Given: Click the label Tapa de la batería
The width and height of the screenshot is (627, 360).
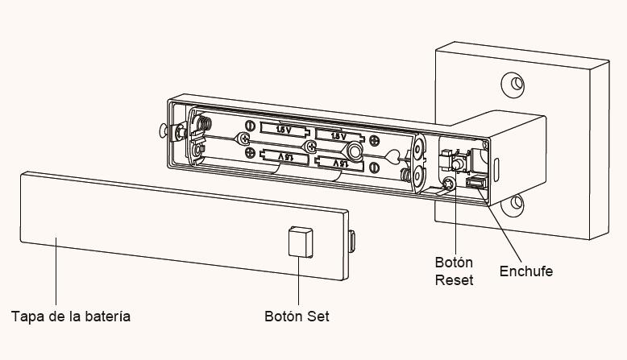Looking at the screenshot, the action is (71, 317).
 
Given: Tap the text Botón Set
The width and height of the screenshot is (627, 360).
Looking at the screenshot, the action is (297, 316).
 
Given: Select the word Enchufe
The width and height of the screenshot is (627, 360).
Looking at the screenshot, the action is (526, 271).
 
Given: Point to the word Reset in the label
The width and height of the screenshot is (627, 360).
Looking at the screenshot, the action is (454, 279).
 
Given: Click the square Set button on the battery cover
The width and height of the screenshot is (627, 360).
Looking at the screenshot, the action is (301, 242).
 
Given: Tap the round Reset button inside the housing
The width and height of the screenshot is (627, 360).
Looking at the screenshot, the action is (459, 163).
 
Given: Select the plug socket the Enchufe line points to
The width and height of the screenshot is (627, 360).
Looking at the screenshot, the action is (476, 183).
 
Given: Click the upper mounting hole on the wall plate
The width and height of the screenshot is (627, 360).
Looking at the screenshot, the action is (513, 85).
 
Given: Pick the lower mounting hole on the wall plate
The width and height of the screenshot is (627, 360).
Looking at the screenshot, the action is (514, 205).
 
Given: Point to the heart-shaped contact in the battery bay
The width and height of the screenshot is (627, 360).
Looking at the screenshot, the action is (392, 155).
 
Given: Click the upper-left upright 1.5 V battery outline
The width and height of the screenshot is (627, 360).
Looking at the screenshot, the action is (284, 129).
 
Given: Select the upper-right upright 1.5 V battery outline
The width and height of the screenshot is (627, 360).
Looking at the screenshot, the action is (339, 135).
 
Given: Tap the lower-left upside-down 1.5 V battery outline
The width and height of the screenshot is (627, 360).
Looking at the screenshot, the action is (284, 156).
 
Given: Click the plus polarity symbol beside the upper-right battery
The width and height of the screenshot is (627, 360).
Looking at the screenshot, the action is (374, 140).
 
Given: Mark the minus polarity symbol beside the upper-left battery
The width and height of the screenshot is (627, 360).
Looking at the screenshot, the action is (250, 126).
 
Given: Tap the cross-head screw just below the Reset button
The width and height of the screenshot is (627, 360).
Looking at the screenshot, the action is (449, 184).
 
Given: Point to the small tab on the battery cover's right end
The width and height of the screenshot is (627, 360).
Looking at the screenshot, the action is (352, 242).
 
